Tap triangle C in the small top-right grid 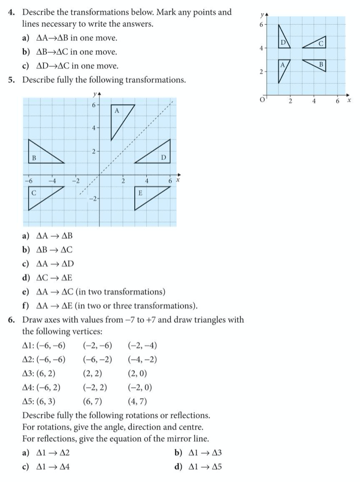[317, 43]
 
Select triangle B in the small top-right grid [318, 65]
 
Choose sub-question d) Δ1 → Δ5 [198, 466]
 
